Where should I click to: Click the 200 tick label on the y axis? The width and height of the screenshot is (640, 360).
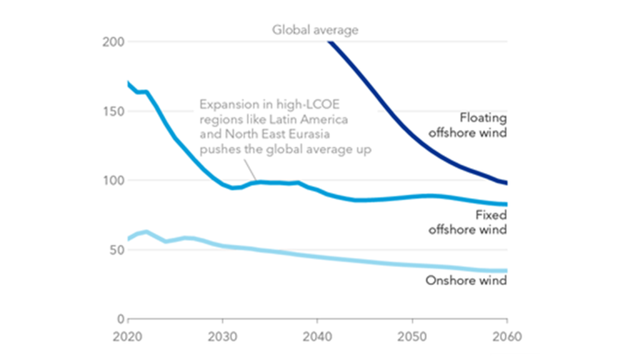(113, 42)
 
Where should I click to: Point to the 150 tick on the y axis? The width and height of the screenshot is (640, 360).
(113, 111)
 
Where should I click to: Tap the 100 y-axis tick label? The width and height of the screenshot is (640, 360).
(113, 180)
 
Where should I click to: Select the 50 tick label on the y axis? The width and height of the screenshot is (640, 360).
(117, 249)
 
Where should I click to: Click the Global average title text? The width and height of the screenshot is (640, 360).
(315, 30)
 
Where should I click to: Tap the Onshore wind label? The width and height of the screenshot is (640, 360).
(466, 280)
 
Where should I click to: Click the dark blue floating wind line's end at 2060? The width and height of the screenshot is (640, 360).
(506, 182)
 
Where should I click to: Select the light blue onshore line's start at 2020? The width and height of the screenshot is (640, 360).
(128, 239)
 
